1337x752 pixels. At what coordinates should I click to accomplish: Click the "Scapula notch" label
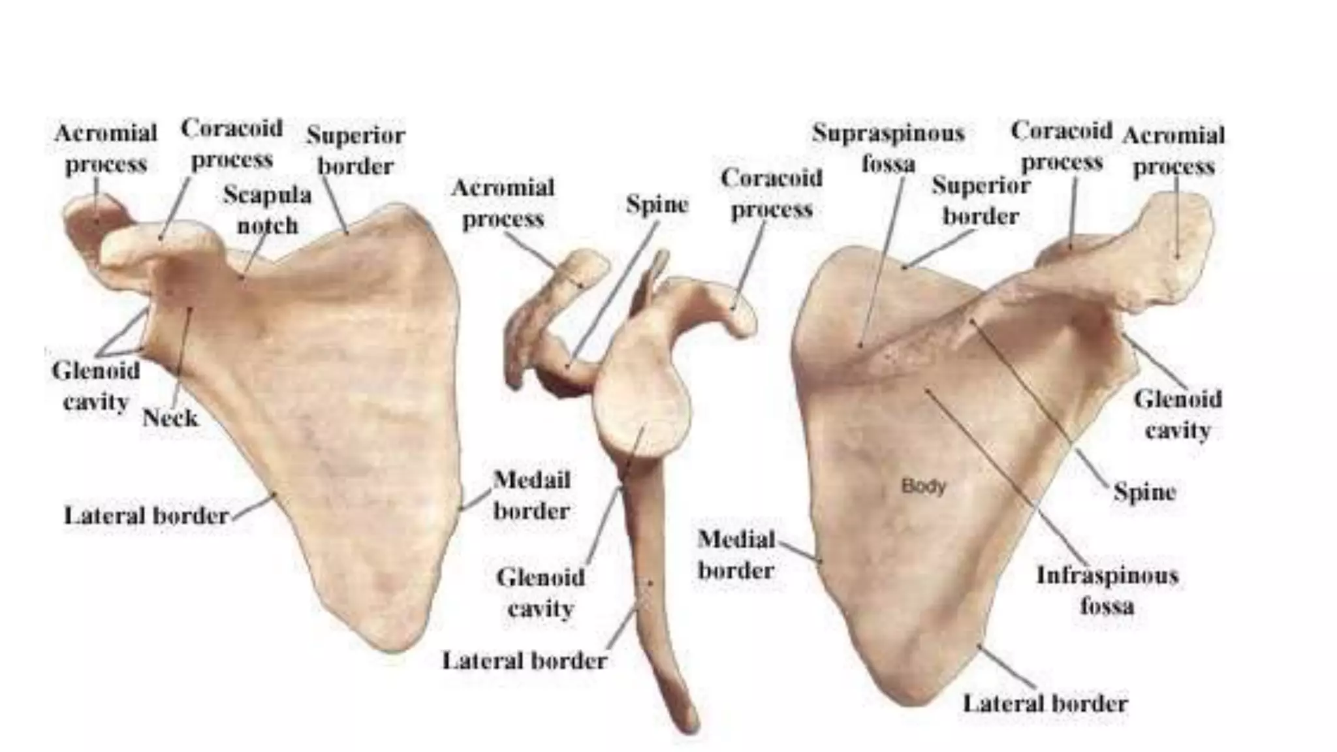(267, 210)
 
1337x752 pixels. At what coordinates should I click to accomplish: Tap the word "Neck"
(170, 417)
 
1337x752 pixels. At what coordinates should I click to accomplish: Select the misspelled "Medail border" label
(531, 495)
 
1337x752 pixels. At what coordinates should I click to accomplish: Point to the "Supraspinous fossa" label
(888, 148)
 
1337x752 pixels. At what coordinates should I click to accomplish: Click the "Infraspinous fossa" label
(1107, 591)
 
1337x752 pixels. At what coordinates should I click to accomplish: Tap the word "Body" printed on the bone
(923, 486)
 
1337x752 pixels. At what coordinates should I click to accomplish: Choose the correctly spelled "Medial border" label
(736, 555)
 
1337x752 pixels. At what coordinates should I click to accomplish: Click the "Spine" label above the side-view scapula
(657, 204)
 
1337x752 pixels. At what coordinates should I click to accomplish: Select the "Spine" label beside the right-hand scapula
(1144, 492)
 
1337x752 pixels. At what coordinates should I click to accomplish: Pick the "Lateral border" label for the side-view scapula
(524, 661)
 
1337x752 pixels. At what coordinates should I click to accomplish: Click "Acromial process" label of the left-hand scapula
(106, 149)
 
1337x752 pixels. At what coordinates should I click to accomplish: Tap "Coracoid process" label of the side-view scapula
(771, 193)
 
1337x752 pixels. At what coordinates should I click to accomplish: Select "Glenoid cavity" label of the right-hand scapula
(1177, 415)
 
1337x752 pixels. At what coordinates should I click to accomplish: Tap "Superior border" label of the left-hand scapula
(356, 151)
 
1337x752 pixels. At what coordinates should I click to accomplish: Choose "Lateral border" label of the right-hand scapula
(1045, 703)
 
